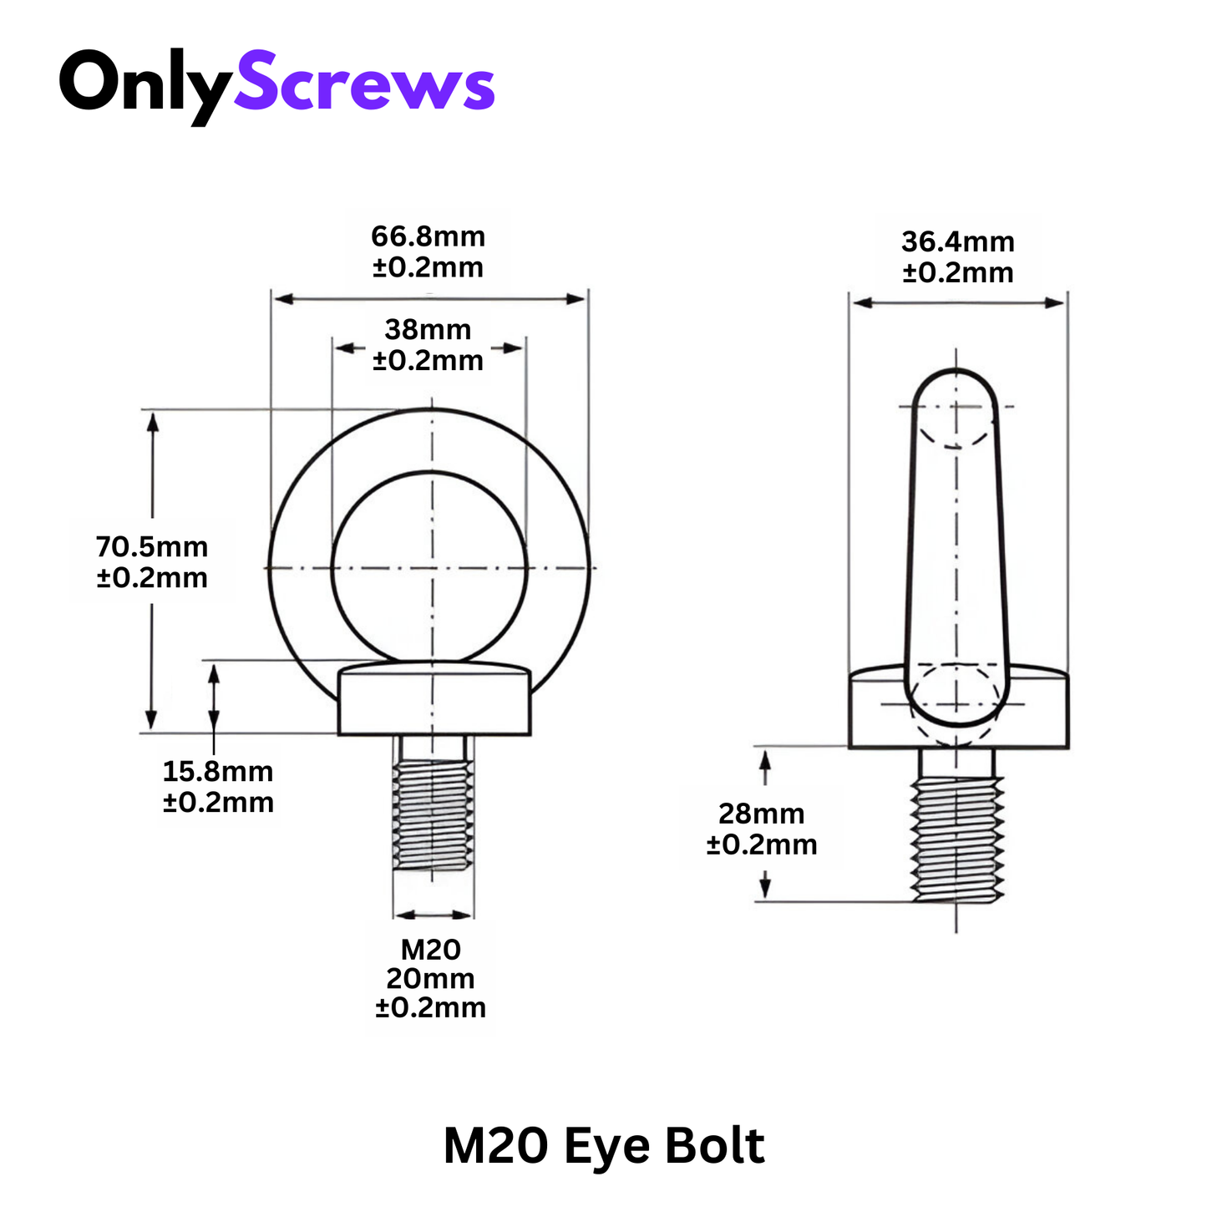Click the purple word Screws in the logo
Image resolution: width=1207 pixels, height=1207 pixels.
coord(364,84)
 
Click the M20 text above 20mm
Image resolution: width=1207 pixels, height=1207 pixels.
coord(430,950)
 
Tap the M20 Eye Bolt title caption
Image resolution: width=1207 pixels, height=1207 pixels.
coord(603,1146)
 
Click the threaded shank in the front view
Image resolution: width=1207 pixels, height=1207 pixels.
coord(433,814)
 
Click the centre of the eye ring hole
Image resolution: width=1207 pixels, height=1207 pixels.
coord(430,568)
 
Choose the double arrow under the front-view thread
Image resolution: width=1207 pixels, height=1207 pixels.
coord(433,914)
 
